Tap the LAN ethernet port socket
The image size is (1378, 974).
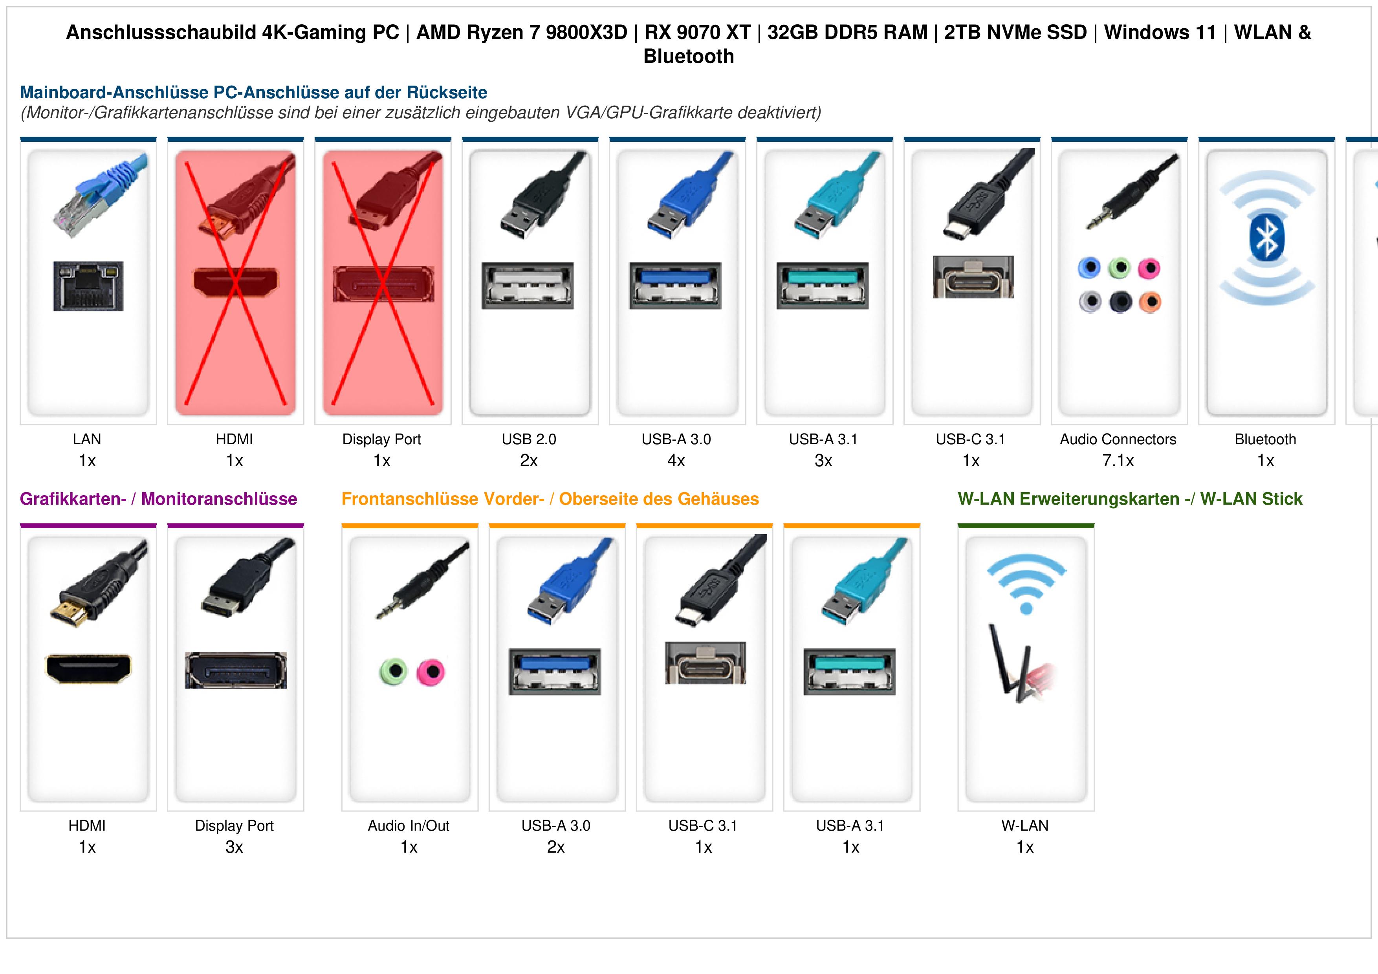pos(88,286)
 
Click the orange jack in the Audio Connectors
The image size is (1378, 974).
pos(1150,302)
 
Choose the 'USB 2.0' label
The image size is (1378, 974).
pos(529,439)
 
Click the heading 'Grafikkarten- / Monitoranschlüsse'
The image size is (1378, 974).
pos(158,499)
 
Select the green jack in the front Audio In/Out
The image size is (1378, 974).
pos(394,672)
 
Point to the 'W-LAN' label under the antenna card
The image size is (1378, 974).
pos(1025,826)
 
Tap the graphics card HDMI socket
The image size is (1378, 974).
pos(88,668)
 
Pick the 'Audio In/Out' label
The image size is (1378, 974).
pos(409,826)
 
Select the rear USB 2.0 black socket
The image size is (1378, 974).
pos(528,286)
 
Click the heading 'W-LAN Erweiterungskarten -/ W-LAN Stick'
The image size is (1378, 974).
pos(1130,499)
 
